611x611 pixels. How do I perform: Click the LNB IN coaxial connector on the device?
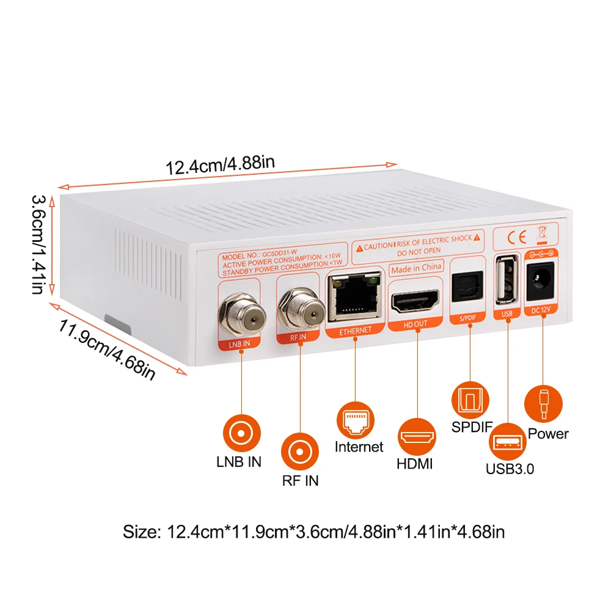(x=243, y=316)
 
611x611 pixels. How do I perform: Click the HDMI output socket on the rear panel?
(x=415, y=301)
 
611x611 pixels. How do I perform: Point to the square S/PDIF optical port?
(x=468, y=285)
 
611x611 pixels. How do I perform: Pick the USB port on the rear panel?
(x=505, y=280)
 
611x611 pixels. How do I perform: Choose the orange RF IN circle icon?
(x=300, y=452)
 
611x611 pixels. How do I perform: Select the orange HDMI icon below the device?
(x=417, y=436)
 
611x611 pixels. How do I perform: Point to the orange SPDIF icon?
(x=470, y=400)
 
